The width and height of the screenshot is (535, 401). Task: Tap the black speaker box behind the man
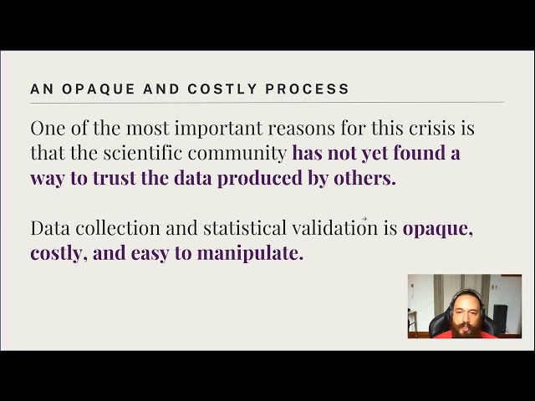click(500, 319)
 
